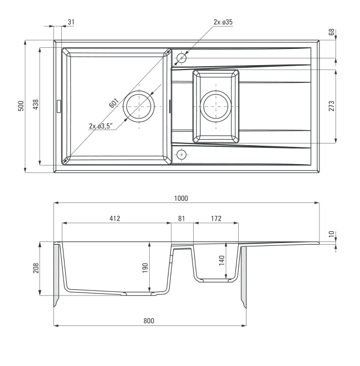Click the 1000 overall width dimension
[181, 198]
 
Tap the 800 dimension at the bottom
[149, 321]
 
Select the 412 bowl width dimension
[115, 218]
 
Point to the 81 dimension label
[181, 218]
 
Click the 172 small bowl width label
[216, 218]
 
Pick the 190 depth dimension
[145, 268]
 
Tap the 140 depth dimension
[221, 260]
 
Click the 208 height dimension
[36, 268]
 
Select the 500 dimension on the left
[21, 106]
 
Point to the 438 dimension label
[36, 105]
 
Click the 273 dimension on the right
[331, 106]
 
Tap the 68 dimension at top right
[331, 32]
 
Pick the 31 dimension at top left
[71, 22]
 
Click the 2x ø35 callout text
[223, 22]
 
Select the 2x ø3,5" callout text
[101, 126]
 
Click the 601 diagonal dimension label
[114, 103]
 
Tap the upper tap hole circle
[181, 58]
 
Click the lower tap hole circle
[181, 155]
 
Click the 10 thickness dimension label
[331, 234]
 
